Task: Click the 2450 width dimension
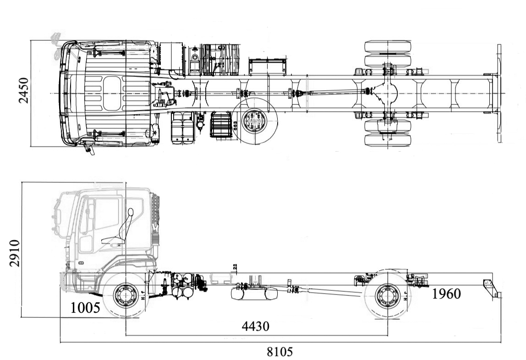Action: (x=23, y=90)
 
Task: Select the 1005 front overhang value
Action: (x=85, y=308)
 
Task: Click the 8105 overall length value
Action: (x=279, y=352)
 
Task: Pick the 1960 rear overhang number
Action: (x=446, y=294)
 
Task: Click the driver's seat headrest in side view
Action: (x=130, y=212)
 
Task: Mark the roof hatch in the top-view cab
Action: (x=112, y=93)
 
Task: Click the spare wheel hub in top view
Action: (x=254, y=122)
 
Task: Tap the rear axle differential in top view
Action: (x=388, y=93)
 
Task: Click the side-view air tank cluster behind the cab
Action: (x=186, y=286)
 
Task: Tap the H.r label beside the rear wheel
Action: (x=405, y=296)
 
